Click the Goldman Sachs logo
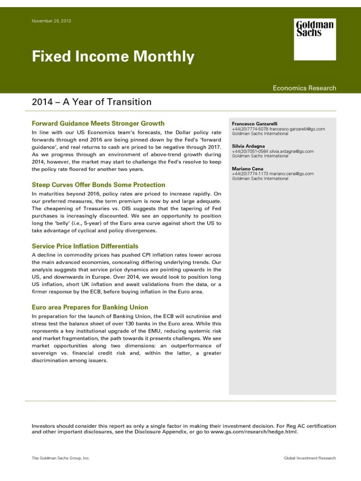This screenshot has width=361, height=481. tap(315, 39)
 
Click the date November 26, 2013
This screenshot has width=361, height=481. tap(51, 21)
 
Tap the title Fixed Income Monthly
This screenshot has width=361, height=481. tap(113, 56)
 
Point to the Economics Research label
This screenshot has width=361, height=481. tap(304, 88)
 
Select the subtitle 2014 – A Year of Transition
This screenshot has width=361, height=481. tap(92, 102)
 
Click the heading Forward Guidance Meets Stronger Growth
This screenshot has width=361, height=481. tap(98, 123)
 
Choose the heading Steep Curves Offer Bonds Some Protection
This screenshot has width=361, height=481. tap(99, 185)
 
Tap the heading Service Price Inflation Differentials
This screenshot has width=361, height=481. tap(85, 246)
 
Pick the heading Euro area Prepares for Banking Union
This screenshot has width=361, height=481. tap(90, 307)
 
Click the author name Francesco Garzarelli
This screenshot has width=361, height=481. tap(255, 124)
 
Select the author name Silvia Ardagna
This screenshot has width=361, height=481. tap(248, 146)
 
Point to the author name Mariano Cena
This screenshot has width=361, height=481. tap(247, 169)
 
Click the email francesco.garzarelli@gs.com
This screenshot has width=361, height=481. tap(297, 129)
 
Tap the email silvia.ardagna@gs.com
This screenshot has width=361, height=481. tap(291, 151)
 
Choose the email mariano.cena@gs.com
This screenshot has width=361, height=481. tap(291, 174)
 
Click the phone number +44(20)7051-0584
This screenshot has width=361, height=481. tap(250, 151)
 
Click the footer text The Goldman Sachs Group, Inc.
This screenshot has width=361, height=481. tap(61, 458)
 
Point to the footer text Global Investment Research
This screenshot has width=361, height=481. tap(309, 458)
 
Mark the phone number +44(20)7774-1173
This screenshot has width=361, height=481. tap(250, 174)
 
